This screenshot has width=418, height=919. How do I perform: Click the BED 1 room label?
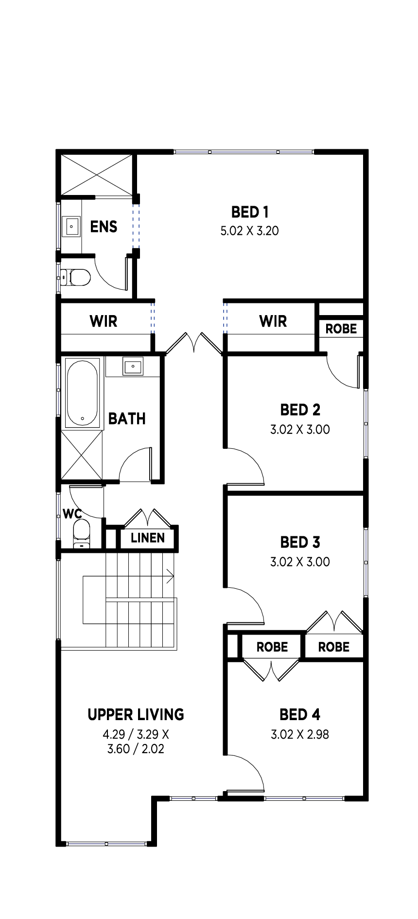250,212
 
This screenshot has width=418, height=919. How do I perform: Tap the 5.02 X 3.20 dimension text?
250,230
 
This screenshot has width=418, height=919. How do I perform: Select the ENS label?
104,227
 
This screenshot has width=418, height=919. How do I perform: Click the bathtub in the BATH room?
83,393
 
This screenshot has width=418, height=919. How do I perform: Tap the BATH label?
127,419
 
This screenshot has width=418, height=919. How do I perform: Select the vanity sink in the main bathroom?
133,366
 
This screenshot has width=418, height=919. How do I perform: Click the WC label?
72,513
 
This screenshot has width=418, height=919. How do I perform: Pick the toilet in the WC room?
82,533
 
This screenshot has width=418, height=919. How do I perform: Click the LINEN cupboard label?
148,538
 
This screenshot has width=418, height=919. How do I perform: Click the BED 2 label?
300,410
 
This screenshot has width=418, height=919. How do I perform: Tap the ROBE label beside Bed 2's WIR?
341,329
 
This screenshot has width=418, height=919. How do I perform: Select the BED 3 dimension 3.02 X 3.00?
300,562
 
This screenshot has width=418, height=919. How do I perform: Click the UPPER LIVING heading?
136,714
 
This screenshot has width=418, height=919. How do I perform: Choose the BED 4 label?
300,715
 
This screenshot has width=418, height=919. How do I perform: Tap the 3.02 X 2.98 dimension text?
300,734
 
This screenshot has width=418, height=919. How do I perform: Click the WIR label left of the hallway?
104,321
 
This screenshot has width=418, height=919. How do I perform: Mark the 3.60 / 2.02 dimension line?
136,749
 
